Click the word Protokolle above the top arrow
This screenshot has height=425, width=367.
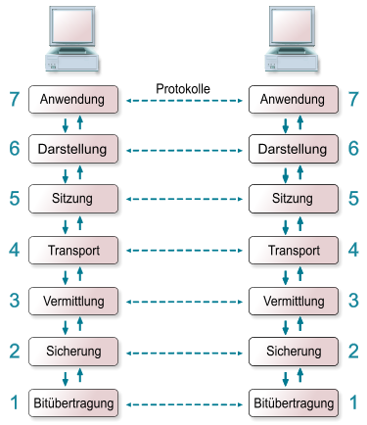click(183, 89)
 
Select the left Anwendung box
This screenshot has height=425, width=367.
click(73, 99)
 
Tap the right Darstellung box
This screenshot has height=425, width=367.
click(294, 149)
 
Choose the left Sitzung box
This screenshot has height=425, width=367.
click(73, 199)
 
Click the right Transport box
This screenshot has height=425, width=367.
click(294, 250)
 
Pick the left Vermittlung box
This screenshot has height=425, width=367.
click(73, 301)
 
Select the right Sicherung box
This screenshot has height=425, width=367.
click(294, 352)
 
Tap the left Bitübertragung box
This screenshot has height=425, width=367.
click(73, 402)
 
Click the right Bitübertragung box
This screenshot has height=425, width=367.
click(294, 402)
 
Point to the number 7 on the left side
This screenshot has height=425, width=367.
click(15, 99)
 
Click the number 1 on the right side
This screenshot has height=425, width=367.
click(353, 402)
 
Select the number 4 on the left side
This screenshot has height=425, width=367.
click(15, 250)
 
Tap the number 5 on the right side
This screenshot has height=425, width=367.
click(353, 199)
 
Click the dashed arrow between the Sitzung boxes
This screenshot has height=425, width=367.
click(184, 199)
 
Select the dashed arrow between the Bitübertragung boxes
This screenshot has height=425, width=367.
click(184, 404)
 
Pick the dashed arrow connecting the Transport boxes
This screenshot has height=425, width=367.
click(184, 251)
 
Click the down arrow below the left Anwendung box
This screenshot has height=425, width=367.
click(66, 125)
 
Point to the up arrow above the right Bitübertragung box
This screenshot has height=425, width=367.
click(300, 375)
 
